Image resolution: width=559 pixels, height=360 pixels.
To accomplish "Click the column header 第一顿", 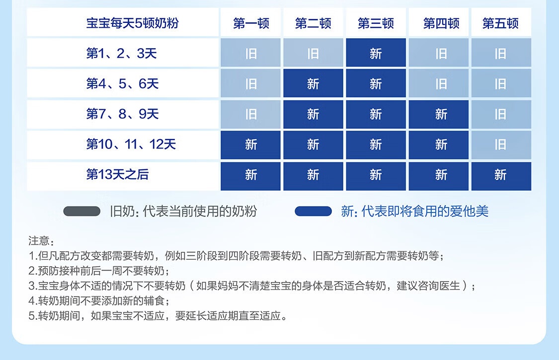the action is click(x=250, y=23).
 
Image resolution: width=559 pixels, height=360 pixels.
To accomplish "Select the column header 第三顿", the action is click(x=376, y=23).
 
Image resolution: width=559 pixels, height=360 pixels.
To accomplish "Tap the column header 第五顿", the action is click(x=500, y=23).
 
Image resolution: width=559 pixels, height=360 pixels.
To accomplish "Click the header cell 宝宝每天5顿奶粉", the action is click(x=132, y=23).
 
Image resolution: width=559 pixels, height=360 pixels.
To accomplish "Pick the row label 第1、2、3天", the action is click(x=122, y=54).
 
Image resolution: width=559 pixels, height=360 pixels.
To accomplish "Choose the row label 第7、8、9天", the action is click(x=122, y=114).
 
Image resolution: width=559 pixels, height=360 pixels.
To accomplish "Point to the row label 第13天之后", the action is click(x=117, y=174).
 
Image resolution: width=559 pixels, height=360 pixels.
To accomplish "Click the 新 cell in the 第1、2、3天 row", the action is click(x=376, y=53).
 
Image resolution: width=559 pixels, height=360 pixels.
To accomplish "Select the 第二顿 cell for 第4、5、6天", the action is click(x=313, y=83).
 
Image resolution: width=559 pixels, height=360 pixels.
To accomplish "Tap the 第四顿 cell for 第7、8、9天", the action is click(x=438, y=114).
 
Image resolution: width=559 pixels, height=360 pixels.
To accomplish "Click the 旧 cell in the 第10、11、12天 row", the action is click(x=501, y=144).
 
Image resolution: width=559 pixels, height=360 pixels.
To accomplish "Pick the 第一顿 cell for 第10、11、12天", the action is click(x=250, y=144).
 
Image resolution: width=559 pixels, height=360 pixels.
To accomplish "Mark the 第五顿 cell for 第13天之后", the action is click(x=501, y=176).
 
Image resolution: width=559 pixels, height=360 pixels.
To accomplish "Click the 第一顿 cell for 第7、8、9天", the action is click(x=250, y=114).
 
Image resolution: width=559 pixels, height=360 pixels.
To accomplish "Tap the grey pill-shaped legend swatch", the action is click(x=82, y=212).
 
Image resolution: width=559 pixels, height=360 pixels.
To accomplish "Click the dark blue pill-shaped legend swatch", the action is click(x=314, y=212).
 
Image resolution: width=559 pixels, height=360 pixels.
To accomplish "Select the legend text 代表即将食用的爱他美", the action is click(x=425, y=212).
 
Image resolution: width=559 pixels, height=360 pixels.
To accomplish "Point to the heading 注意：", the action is click(x=41, y=241).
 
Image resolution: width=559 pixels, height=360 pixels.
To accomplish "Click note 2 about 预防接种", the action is click(x=99, y=271).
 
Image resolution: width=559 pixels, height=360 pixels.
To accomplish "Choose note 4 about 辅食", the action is click(x=99, y=301).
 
